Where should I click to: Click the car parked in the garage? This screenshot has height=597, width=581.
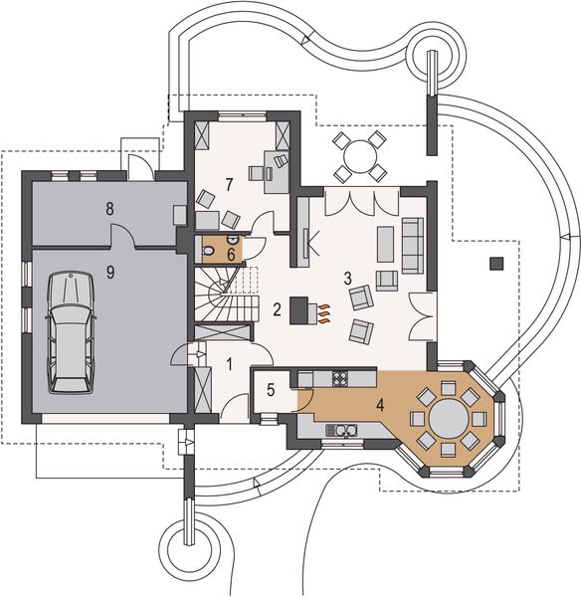pyautogui.click(x=71, y=332)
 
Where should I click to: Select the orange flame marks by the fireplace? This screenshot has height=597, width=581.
pyautogui.click(x=324, y=314)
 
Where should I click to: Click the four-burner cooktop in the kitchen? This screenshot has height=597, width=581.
pyautogui.click(x=339, y=378)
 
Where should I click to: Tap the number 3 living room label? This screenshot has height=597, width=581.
pyautogui.click(x=348, y=278)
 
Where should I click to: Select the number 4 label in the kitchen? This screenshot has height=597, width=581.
pyautogui.click(x=379, y=404)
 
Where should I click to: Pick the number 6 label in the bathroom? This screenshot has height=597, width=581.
pyautogui.click(x=230, y=255)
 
